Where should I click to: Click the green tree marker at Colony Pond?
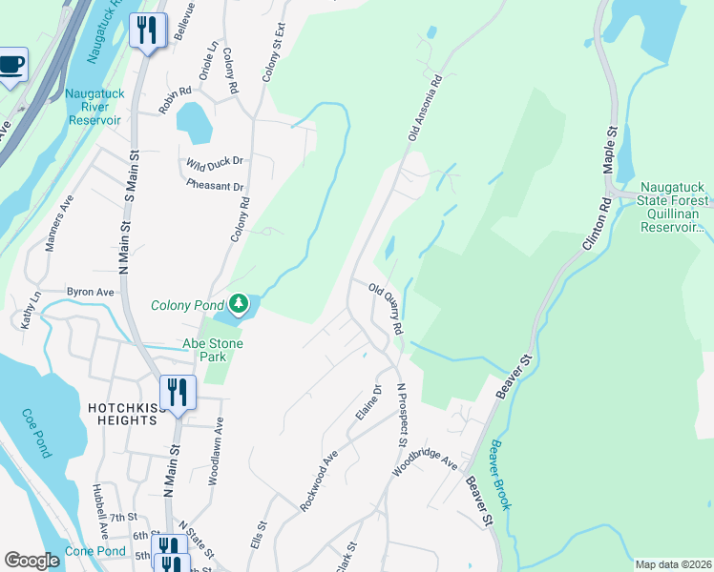point(238,305)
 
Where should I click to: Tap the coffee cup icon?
point(11,65)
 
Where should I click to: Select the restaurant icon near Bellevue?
point(146,31)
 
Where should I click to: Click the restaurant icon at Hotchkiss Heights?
point(177,391)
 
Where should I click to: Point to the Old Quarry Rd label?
point(386,307)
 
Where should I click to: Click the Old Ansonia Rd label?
point(426,109)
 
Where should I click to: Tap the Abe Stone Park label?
point(213,350)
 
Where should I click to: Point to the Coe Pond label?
point(36,433)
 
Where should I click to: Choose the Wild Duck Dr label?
point(215,162)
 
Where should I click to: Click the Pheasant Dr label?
point(215,186)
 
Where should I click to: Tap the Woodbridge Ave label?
point(426,465)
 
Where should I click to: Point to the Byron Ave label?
point(90,292)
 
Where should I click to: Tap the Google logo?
point(31,561)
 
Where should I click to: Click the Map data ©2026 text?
point(672,564)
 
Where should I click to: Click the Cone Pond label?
point(95,552)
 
